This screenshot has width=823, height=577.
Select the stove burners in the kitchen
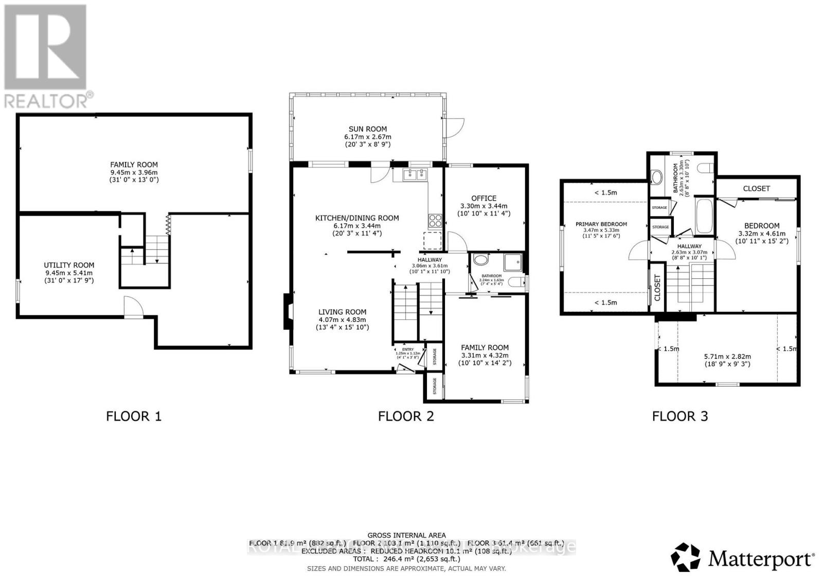435,221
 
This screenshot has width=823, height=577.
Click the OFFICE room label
484,198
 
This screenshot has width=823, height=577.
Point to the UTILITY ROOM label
69,265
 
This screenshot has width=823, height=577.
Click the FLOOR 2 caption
406,416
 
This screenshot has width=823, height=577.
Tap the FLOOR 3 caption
680,416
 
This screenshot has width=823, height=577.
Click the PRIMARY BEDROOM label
601,224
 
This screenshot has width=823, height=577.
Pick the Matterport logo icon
686,557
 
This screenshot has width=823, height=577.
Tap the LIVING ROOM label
342,312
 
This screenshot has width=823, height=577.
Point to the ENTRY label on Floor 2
407,350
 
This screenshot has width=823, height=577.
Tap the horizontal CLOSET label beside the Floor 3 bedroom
756,189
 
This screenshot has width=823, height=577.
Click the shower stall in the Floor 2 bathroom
513,261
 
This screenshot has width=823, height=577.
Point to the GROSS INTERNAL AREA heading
406,535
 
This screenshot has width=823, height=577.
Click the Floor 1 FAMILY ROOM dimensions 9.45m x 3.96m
133,173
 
